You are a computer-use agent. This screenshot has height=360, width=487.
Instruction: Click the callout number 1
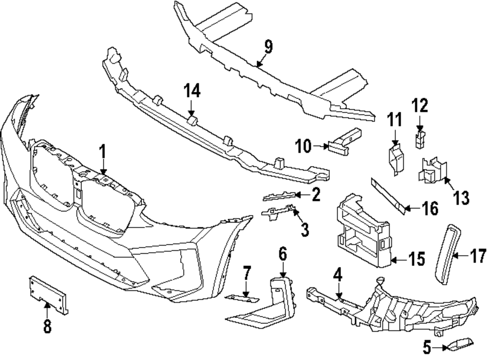103,152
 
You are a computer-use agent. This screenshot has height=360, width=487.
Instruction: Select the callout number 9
268,47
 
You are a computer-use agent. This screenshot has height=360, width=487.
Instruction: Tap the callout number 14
191,91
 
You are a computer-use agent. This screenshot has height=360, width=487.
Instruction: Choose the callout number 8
47,326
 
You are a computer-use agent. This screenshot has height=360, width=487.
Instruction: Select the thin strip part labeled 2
280,196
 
